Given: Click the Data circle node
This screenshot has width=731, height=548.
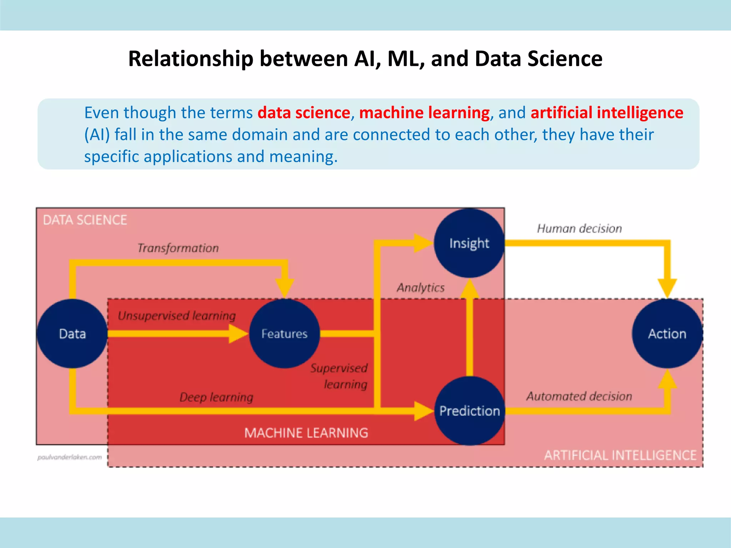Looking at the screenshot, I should tap(72, 334).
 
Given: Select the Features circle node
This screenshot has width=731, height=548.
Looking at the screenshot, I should tap(284, 334).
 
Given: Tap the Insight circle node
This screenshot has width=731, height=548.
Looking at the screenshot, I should tap(469, 243).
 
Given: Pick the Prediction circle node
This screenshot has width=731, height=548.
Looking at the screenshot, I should tap(469, 411).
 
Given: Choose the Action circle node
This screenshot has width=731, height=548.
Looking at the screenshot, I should tap(667, 334).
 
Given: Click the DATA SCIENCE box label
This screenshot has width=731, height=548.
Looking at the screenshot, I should tap(85, 220).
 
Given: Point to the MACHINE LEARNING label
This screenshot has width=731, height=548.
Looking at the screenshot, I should tap(306, 433).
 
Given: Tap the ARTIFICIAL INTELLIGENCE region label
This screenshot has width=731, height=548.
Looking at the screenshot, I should tap(620, 455).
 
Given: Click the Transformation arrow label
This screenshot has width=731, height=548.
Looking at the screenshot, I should tap(178, 248).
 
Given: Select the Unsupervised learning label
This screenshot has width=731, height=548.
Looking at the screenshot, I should tap(177, 316).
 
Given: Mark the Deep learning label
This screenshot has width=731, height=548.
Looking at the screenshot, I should tap(216, 397).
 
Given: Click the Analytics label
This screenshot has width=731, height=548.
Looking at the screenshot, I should tap(421, 288).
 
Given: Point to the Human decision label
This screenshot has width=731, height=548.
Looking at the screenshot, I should tap(579, 228).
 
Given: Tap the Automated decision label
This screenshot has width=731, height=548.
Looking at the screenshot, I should tap(579, 396).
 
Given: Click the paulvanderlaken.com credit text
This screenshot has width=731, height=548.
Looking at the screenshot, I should tap(70, 457).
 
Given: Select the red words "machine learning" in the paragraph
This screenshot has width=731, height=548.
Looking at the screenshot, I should tap(424, 113).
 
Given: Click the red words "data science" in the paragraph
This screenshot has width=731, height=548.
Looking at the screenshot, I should tap(304, 113).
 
